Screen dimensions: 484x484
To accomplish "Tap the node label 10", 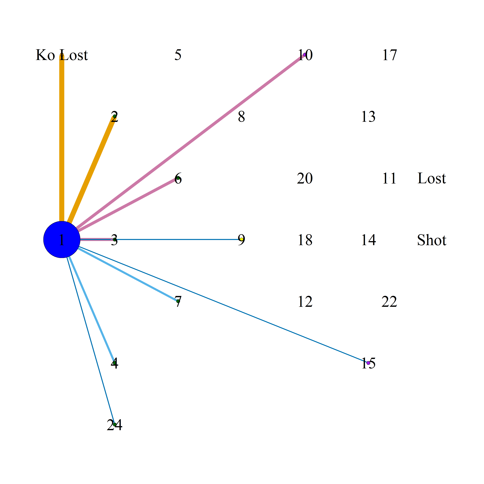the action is click(305, 55).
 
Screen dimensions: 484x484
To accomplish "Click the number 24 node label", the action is click(114, 425).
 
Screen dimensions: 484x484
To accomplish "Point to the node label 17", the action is click(390, 55).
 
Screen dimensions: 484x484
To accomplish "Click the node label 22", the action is click(389, 302).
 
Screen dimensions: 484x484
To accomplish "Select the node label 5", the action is click(178, 55).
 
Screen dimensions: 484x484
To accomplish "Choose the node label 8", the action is click(241, 116).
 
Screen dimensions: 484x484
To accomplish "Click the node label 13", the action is click(368, 116).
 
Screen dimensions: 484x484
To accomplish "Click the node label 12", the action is click(305, 302).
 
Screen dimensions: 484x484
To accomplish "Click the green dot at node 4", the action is click(114, 363).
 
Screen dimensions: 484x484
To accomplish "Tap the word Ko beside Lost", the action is click(45, 55).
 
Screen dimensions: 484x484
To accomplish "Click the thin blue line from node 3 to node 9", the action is click(178, 239).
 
